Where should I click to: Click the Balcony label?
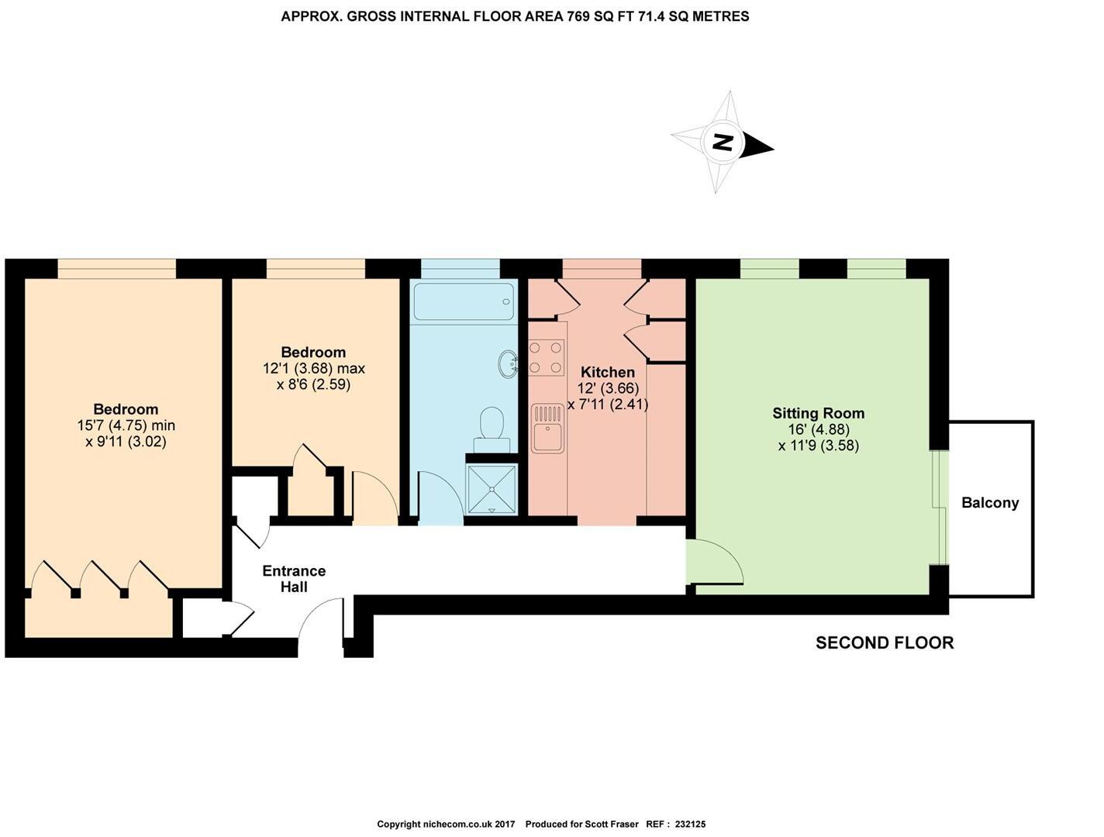(990, 503)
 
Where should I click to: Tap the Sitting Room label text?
(818, 413)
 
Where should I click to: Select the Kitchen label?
(607, 372)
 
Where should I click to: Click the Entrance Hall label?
(294, 579)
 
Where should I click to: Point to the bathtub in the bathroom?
(464, 301)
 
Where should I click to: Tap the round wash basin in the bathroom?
(508, 363)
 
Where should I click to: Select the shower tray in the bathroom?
(492, 488)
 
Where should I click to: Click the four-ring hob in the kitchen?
(547, 358)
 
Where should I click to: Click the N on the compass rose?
(723, 143)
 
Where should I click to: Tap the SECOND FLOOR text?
(885, 642)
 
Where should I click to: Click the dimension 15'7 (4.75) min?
(126, 425)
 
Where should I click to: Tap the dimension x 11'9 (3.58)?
(818, 446)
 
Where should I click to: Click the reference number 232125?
(690, 825)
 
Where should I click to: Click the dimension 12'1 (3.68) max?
(313, 368)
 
